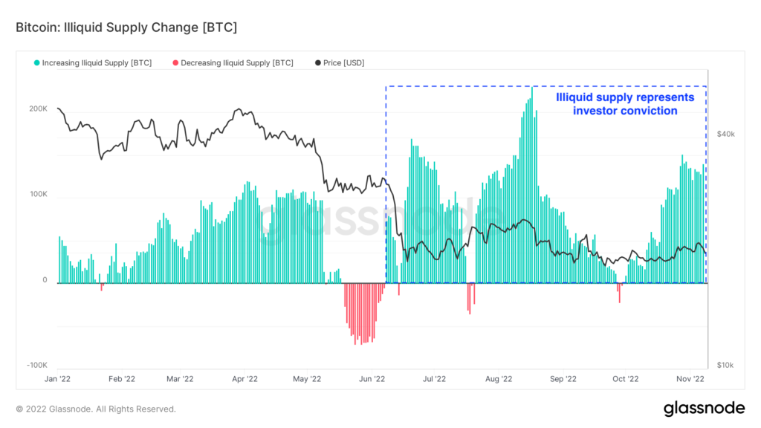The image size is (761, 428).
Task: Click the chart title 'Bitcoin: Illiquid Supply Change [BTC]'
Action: click(126, 27)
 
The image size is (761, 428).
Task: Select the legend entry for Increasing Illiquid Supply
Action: click(93, 63)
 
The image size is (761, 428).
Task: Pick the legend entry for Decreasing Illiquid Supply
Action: click(233, 63)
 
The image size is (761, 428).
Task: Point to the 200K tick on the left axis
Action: click(38, 108)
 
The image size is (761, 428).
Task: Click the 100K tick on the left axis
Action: click(38, 195)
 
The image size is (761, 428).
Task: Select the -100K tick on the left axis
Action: click(36, 366)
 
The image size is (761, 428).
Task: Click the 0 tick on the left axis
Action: click(45, 280)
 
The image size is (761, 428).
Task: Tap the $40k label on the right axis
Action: click(725, 134)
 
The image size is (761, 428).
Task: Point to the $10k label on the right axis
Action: click(725, 366)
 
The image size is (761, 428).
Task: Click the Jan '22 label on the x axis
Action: click(59, 379)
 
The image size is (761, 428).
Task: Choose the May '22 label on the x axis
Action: click(307, 379)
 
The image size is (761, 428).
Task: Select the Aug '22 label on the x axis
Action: click(498, 379)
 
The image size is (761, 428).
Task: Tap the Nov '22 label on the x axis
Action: click(689, 379)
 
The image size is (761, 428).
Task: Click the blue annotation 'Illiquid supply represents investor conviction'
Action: click(625, 104)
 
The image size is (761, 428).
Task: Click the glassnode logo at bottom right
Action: click(703, 408)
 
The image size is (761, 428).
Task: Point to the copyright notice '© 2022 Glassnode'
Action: click(96, 409)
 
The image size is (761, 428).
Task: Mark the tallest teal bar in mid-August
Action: click(532, 186)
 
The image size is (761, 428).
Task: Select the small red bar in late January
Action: click(102, 287)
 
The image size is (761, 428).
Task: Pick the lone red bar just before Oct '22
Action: click(619, 293)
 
